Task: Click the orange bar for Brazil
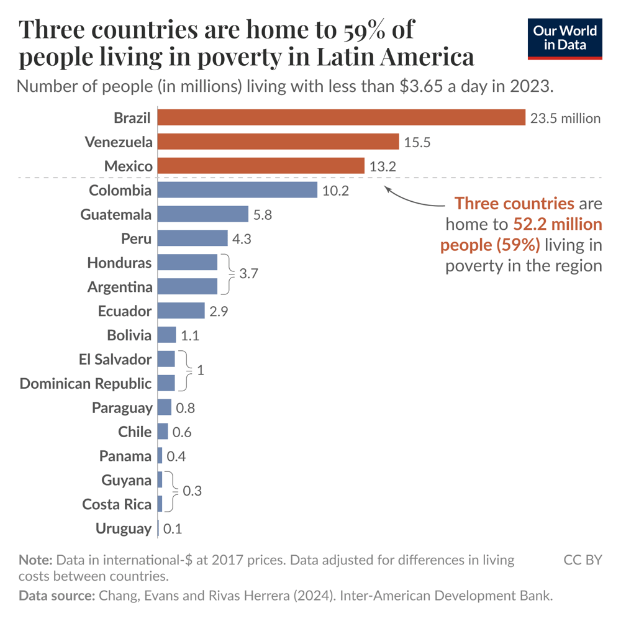pos(342,118)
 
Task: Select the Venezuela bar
pos(278,142)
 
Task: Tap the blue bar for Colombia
pos(237,190)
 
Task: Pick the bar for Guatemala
pos(203,214)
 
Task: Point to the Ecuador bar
pos(181,310)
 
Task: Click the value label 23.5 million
pos(565,118)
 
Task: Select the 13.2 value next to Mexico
pos(383,166)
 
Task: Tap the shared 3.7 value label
pos(248,274)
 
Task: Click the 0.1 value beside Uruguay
pos(173,529)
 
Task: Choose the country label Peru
pos(137,238)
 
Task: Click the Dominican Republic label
pos(86,383)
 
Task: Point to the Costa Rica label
pos(117,504)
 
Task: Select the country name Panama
pos(125,456)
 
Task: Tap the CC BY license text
pos(582,560)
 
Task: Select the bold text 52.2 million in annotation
pos(558,224)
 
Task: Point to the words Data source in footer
pos(55,596)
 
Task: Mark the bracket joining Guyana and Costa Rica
pos(169,491)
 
